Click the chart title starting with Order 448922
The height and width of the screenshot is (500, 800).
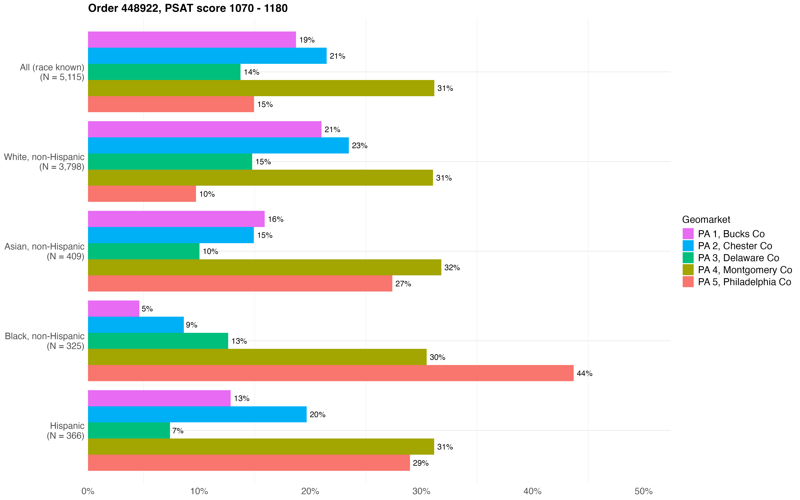pyautogui.click(x=188, y=8)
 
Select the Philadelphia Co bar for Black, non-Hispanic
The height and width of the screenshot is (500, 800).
pyautogui.click(x=330, y=373)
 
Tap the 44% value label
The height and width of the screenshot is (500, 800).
pyautogui.click(x=584, y=373)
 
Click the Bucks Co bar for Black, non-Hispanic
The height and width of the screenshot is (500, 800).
pyautogui.click(x=113, y=308)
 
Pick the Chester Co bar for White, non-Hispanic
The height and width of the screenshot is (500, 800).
pyautogui.click(x=218, y=145)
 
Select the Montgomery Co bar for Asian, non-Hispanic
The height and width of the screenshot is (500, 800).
pyautogui.click(x=264, y=267)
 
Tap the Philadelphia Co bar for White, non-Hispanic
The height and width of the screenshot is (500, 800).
pyautogui.click(x=142, y=194)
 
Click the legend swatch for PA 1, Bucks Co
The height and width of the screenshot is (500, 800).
pyautogui.click(x=688, y=234)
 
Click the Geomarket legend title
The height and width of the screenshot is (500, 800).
pyautogui.click(x=706, y=219)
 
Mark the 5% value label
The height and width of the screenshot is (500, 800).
pyautogui.click(x=147, y=309)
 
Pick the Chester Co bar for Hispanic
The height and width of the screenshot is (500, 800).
pyautogui.click(x=197, y=414)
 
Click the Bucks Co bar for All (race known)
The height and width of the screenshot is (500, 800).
pyautogui.click(x=192, y=40)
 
